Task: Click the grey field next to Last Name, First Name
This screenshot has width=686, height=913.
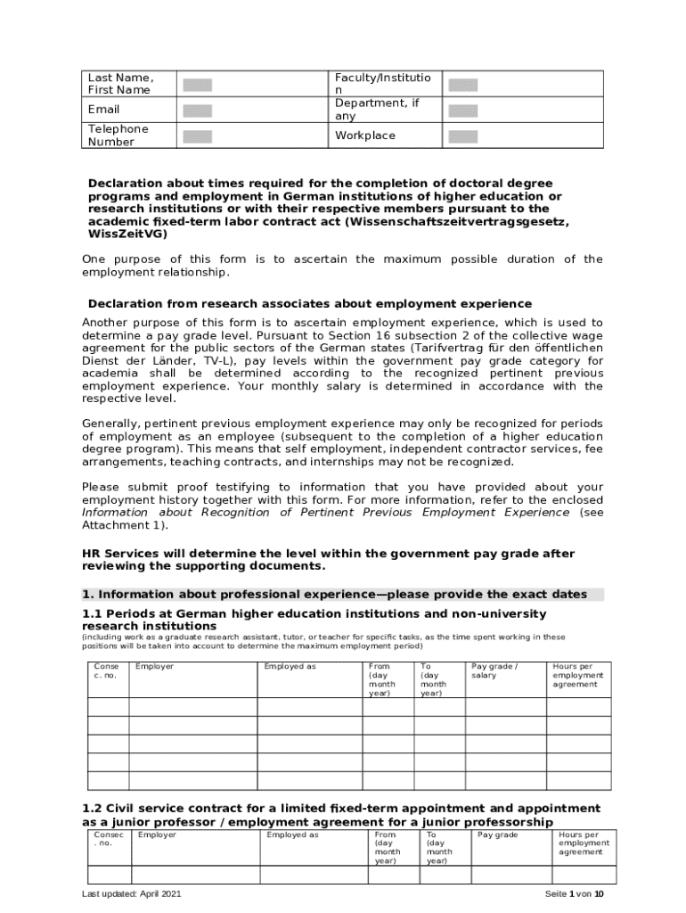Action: (x=197, y=86)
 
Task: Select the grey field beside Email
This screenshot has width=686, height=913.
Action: (x=197, y=111)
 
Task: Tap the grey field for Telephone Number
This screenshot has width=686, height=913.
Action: (x=197, y=136)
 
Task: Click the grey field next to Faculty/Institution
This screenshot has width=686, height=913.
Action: (x=462, y=86)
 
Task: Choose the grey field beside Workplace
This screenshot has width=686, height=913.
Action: (x=462, y=136)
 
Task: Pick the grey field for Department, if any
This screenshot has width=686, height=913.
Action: (x=462, y=111)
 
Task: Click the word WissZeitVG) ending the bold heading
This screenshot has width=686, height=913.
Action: (x=127, y=234)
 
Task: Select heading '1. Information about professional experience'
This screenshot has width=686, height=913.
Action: (x=334, y=594)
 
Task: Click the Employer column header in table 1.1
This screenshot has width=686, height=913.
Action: (x=154, y=667)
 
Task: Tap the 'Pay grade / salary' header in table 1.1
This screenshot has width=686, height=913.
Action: (x=494, y=670)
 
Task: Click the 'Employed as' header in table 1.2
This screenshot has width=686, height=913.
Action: (x=292, y=835)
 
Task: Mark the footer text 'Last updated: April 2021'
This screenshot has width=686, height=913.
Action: (x=132, y=894)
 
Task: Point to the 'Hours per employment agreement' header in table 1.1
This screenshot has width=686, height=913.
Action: (x=577, y=675)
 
